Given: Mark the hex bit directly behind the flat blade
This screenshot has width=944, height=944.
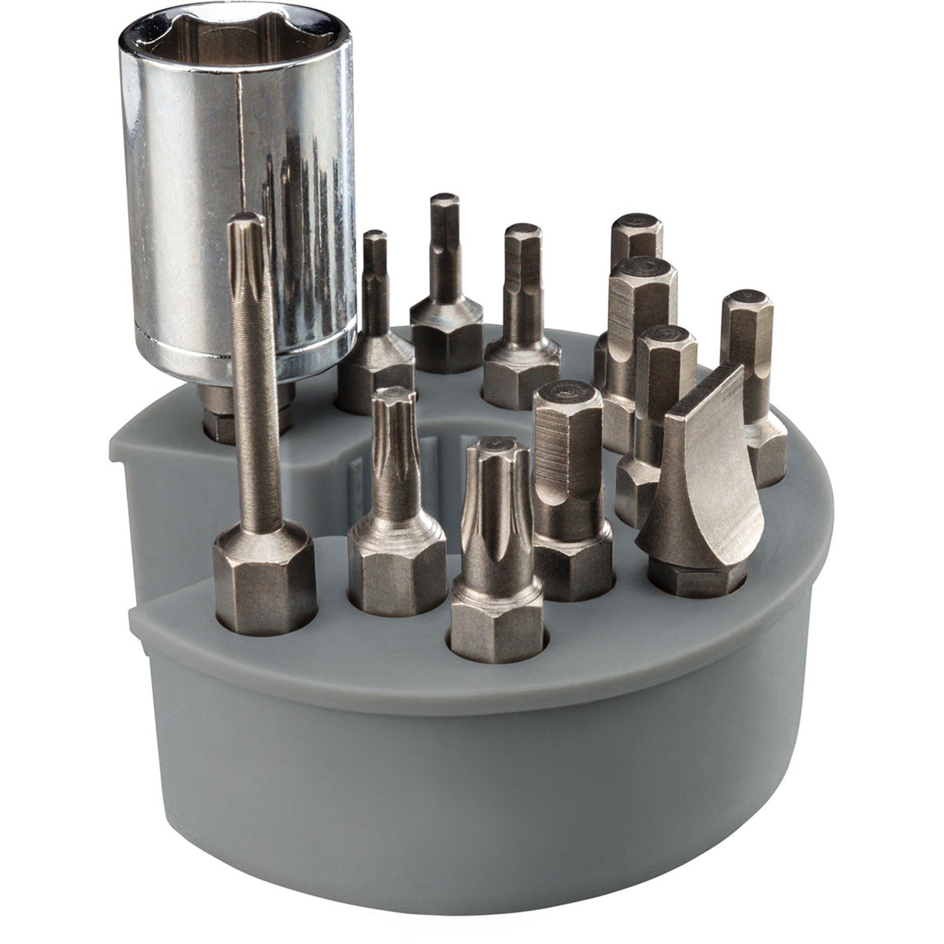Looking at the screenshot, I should click(x=664, y=393).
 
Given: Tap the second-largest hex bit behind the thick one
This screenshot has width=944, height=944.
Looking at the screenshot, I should click(x=639, y=324).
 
